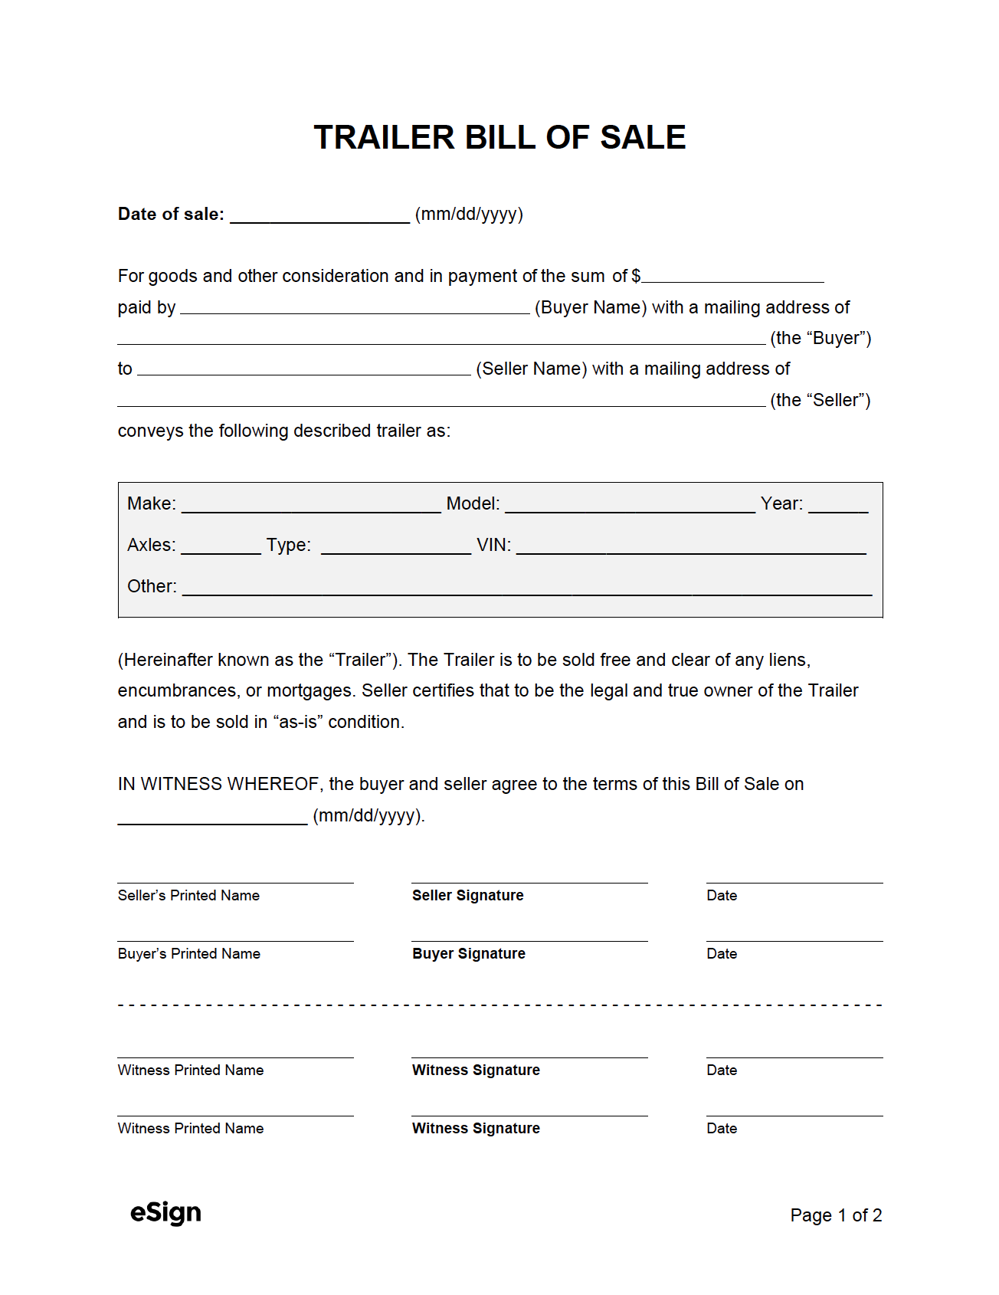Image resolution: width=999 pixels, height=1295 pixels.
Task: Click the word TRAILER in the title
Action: (x=385, y=138)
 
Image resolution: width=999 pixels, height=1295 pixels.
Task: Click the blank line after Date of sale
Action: (x=319, y=215)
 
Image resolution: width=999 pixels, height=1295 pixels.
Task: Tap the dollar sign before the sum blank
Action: (x=636, y=276)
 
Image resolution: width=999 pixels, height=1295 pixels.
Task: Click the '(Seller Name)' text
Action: (x=531, y=369)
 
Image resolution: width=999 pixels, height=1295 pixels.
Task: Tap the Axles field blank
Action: (x=221, y=546)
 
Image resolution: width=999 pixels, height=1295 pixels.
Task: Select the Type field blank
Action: (x=395, y=546)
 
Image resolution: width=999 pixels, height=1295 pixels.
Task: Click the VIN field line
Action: (x=691, y=546)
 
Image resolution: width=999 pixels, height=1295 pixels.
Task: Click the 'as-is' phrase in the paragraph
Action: (x=298, y=722)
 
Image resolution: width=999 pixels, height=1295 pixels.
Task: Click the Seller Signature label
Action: (x=467, y=895)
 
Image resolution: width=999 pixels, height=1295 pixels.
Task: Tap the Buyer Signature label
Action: (x=468, y=953)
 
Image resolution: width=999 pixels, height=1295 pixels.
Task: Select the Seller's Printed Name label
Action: (x=188, y=895)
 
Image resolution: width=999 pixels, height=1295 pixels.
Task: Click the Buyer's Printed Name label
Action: (x=188, y=953)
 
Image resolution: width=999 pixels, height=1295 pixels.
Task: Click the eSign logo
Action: (x=165, y=1213)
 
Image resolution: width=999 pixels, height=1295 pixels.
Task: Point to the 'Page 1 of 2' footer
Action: (x=836, y=1215)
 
